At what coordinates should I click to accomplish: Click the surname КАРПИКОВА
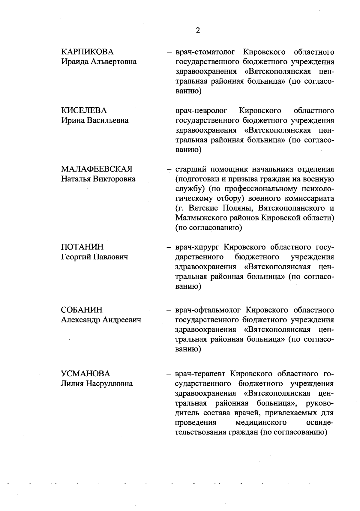[x=87, y=52]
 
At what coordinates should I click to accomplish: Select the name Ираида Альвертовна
[x=99, y=62]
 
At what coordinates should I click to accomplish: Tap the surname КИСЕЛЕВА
[x=84, y=111]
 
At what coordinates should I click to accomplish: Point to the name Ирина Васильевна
[x=95, y=121]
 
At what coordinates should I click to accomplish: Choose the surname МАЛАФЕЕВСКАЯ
[x=97, y=169]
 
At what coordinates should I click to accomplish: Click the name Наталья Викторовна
[x=98, y=179]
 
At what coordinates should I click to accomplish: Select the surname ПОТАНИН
[x=82, y=247]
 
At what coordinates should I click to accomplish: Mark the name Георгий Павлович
[x=94, y=257]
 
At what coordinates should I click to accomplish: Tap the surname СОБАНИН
[x=82, y=310]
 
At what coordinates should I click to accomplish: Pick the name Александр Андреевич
[x=101, y=320]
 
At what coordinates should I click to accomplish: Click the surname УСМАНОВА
[x=85, y=374]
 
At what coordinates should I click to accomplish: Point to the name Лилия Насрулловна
[x=97, y=384]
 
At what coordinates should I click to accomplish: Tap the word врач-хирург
[x=198, y=247]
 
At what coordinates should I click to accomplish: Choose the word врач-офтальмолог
[x=208, y=310]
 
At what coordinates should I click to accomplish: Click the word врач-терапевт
[x=201, y=374]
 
